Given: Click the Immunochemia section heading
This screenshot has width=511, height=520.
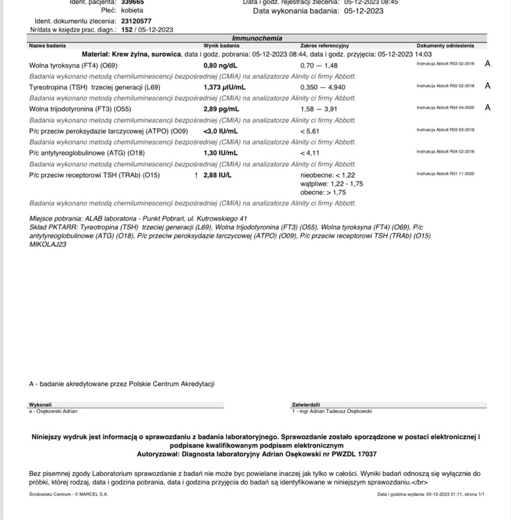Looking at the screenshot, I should [x=257, y=39].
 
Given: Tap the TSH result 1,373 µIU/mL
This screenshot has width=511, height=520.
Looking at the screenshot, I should [x=224, y=87].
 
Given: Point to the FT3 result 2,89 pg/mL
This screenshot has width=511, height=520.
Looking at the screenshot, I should [x=222, y=109].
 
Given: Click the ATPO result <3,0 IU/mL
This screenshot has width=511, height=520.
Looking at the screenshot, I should [x=221, y=131].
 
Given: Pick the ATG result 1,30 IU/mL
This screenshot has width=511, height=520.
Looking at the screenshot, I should [x=221, y=153].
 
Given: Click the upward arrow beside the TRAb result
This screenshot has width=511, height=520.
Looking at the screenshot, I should [x=196, y=175].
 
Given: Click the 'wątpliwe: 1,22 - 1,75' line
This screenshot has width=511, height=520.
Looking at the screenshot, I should [x=332, y=184].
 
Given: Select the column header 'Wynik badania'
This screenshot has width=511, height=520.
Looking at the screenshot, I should [x=218, y=46].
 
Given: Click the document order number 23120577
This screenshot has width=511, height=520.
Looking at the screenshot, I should [x=136, y=21].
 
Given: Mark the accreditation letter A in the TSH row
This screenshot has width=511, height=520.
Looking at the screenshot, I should [x=488, y=86].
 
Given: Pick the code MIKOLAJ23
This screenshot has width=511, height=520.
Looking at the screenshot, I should [x=48, y=244].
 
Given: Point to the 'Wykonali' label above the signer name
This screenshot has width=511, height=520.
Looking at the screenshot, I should [x=41, y=405].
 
